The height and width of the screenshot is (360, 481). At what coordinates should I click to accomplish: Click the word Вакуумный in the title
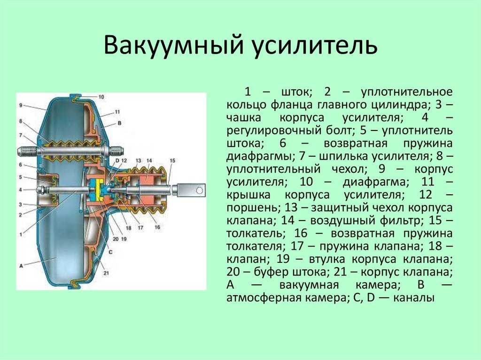pos(174,45)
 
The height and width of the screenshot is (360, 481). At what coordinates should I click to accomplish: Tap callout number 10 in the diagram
pos(101,97)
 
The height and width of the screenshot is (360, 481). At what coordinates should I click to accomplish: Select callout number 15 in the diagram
pos(172,161)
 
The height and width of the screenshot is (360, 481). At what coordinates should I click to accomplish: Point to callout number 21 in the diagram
pos(106,273)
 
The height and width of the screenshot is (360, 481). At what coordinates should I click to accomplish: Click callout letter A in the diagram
pos(21,266)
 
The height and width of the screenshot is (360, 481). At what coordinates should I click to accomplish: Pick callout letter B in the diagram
pos(119,123)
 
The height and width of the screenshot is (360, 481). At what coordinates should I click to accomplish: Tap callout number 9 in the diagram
pos(21,105)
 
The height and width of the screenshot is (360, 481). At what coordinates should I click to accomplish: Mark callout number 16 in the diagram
pos(157,227)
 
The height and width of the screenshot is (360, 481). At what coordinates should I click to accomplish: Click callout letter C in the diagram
pos(110,252)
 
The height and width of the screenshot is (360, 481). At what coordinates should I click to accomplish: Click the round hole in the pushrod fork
pos(199,191)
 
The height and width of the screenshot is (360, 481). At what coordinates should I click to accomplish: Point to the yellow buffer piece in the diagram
pos(98,190)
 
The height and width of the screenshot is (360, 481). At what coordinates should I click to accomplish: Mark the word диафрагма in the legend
pos(375,182)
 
